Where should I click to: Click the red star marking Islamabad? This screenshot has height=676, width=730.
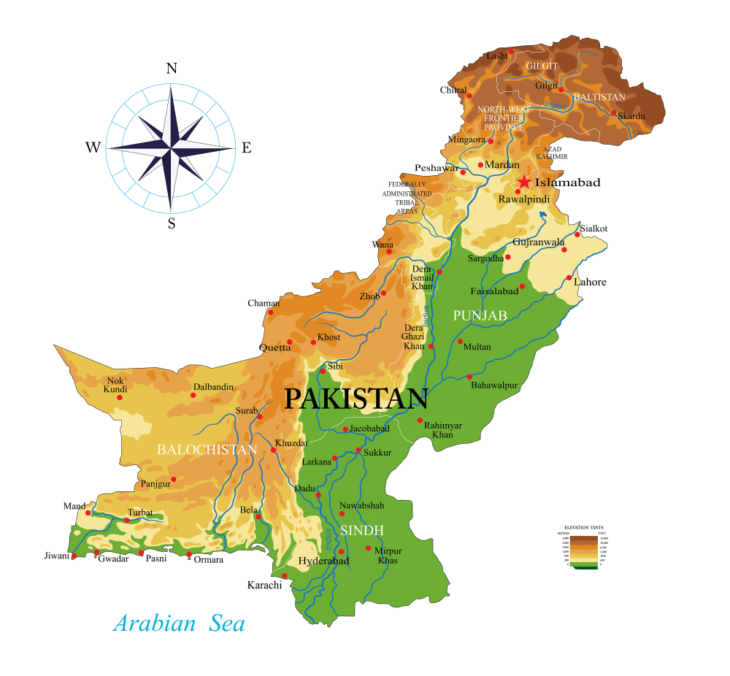pyautogui.click(x=523, y=182)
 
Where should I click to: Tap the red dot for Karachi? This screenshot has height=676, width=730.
pyautogui.click(x=285, y=576)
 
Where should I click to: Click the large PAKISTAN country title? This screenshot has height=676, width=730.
pyautogui.click(x=356, y=399)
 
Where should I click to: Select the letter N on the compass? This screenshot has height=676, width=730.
pyautogui.click(x=172, y=69)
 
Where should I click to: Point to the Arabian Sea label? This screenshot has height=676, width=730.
pyautogui.click(x=179, y=623)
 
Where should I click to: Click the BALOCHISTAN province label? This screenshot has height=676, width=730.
pyautogui.click(x=207, y=450)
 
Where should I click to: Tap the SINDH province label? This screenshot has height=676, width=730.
pyautogui.click(x=361, y=530)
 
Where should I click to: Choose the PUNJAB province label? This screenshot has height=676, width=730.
pyautogui.click(x=480, y=315)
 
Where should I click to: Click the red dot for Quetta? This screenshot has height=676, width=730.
pyautogui.click(x=290, y=342)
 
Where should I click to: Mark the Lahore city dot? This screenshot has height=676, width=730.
pyautogui.click(x=569, y=277)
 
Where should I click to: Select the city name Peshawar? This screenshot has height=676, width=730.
pyautogui.click(x=436, y=168)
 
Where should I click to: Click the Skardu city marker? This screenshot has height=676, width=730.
pyautogui.click(x=614, y=113)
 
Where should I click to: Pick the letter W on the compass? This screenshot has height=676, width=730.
pyautogui.click(x=93, y=148)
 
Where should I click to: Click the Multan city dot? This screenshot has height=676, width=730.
pyautogui.click(x=460, y=341)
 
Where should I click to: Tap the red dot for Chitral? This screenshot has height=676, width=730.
pyautogui.click(x=469, y=96)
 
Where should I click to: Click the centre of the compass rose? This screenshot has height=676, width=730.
pyautogui.click(x=171, y=148)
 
